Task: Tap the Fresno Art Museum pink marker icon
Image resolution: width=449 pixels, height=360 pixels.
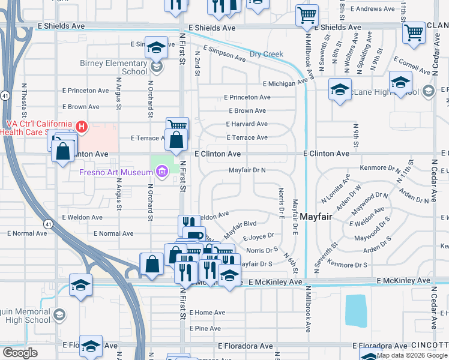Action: coord(161,173)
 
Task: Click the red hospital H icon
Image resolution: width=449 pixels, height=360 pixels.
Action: coord(82,127)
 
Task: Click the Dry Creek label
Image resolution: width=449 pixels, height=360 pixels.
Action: coord(266,55)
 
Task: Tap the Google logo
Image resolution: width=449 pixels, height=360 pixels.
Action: coord(20,353)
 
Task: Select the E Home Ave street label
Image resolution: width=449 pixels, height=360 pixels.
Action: coord(207,313)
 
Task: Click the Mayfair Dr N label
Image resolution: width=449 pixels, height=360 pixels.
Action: coord(247,170)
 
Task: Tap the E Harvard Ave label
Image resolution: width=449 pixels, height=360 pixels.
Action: coord(247,124)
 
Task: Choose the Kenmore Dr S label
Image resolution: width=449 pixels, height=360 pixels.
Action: coord(348,265)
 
